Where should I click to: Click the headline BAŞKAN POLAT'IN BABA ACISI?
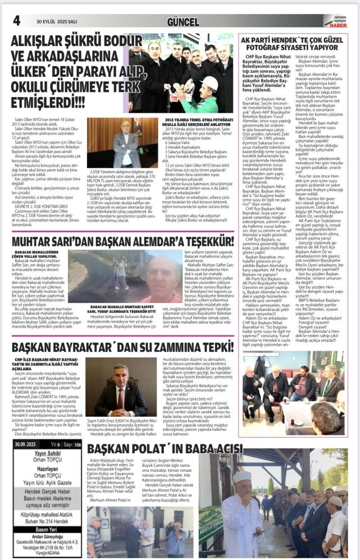point(165,449)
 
